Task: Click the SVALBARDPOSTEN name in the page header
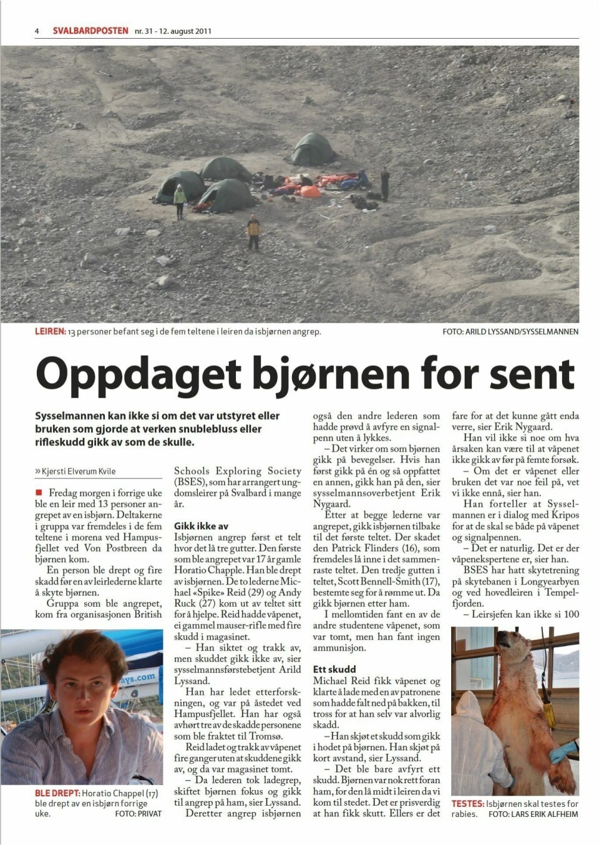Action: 90,31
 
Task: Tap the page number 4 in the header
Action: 37,31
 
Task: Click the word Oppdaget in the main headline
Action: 138,374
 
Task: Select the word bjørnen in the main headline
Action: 331,374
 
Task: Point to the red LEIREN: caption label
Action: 50,331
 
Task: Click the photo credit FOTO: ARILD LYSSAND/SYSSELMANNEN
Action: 510,331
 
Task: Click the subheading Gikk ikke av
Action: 201,526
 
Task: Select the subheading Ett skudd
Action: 334,669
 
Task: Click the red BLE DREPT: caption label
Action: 57,794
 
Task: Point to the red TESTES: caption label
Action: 468,804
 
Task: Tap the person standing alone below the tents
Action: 253,232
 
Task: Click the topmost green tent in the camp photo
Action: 314,149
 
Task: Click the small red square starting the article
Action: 39,493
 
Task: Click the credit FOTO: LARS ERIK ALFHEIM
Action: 533,814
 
